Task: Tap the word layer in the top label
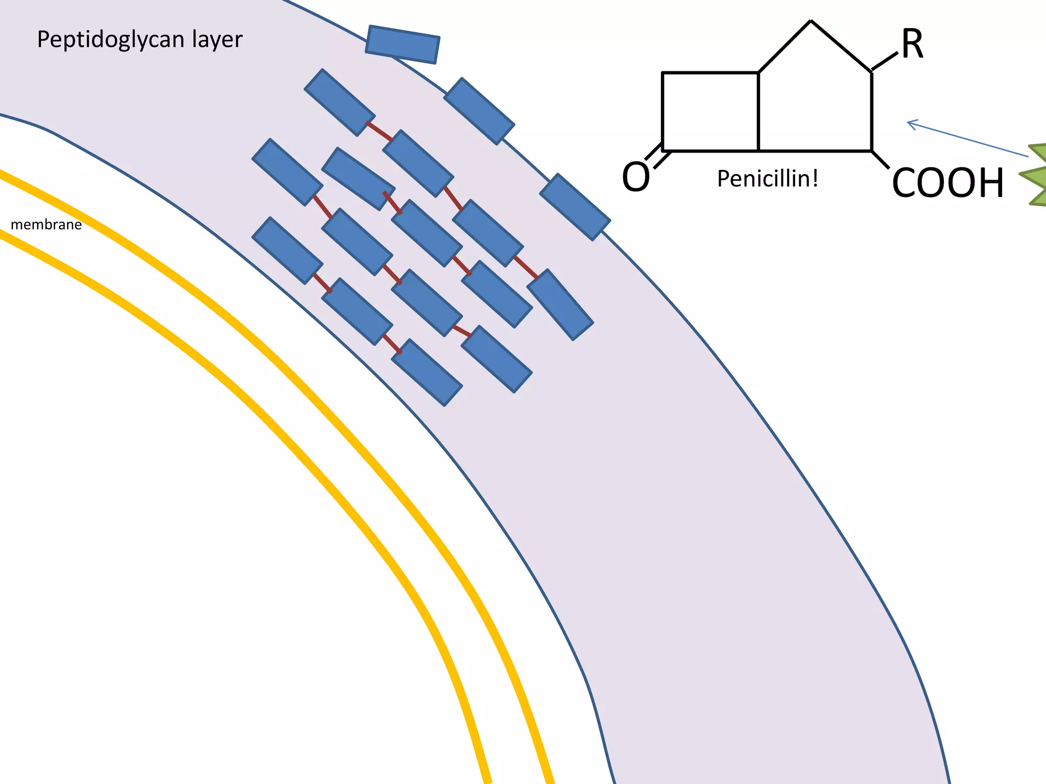(217, 40)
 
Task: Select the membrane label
(46, 225)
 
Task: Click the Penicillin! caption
(768, 179)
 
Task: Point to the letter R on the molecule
(912, 45)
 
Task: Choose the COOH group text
(948, 183)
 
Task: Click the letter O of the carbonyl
(636, 177)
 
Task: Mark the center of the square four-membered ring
(710, 112)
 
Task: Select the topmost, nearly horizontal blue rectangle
(402, 44)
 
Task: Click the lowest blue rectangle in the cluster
(427, 373)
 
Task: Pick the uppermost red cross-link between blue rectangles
(379, 131)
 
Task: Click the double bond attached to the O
(654, 156)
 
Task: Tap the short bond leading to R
(884, 62)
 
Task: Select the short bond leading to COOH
(880, 159)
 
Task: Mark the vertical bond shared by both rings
(758, 112)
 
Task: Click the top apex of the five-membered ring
(811, 21)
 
